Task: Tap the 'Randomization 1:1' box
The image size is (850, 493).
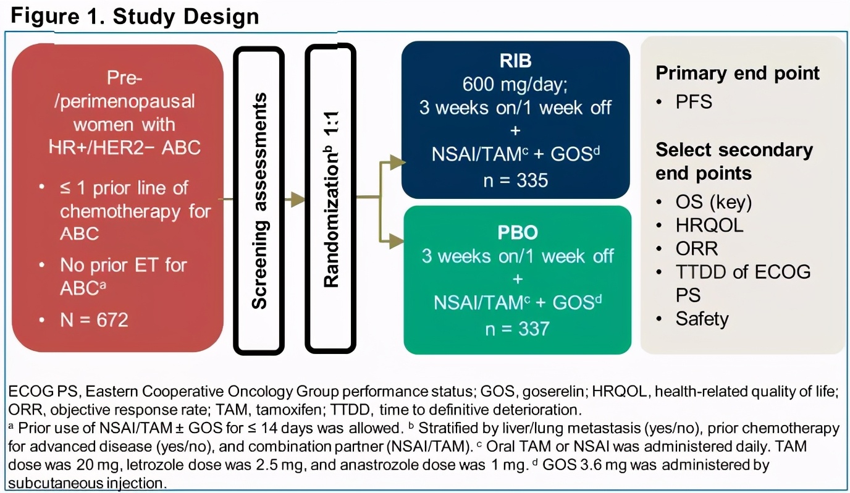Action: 332,198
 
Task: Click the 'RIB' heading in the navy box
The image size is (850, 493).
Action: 516,62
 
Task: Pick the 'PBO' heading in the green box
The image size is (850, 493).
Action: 518,234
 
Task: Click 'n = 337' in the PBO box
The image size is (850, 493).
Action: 518,328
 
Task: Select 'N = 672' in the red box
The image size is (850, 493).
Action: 94,320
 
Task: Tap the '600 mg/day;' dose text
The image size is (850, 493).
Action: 516,85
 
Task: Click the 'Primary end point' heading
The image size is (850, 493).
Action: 738,74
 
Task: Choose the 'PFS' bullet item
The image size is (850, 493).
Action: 694,102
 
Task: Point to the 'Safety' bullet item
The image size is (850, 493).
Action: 702,319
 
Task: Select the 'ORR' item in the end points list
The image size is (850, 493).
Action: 697,248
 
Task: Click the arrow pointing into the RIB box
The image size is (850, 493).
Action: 395,163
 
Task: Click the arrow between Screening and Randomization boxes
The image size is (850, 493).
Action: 296,199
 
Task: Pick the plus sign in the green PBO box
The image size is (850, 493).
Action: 518,279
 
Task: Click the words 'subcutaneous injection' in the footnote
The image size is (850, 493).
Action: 88,482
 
